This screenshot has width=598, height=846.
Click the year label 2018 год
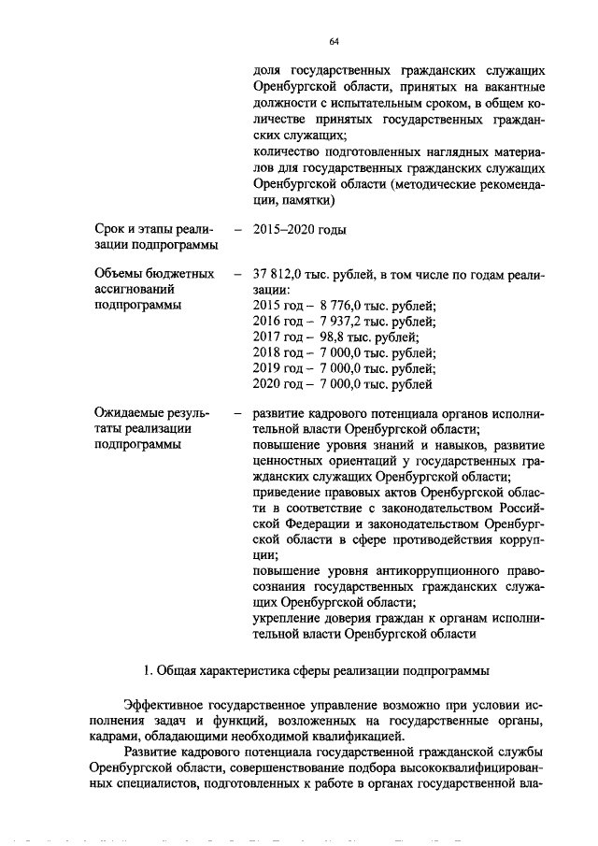click(x=278, y=353)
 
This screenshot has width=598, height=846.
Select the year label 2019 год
click(x=278, y=368)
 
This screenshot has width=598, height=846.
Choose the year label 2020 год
click(x=278, y=384)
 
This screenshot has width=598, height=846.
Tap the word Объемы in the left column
click(x=120, y=275)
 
